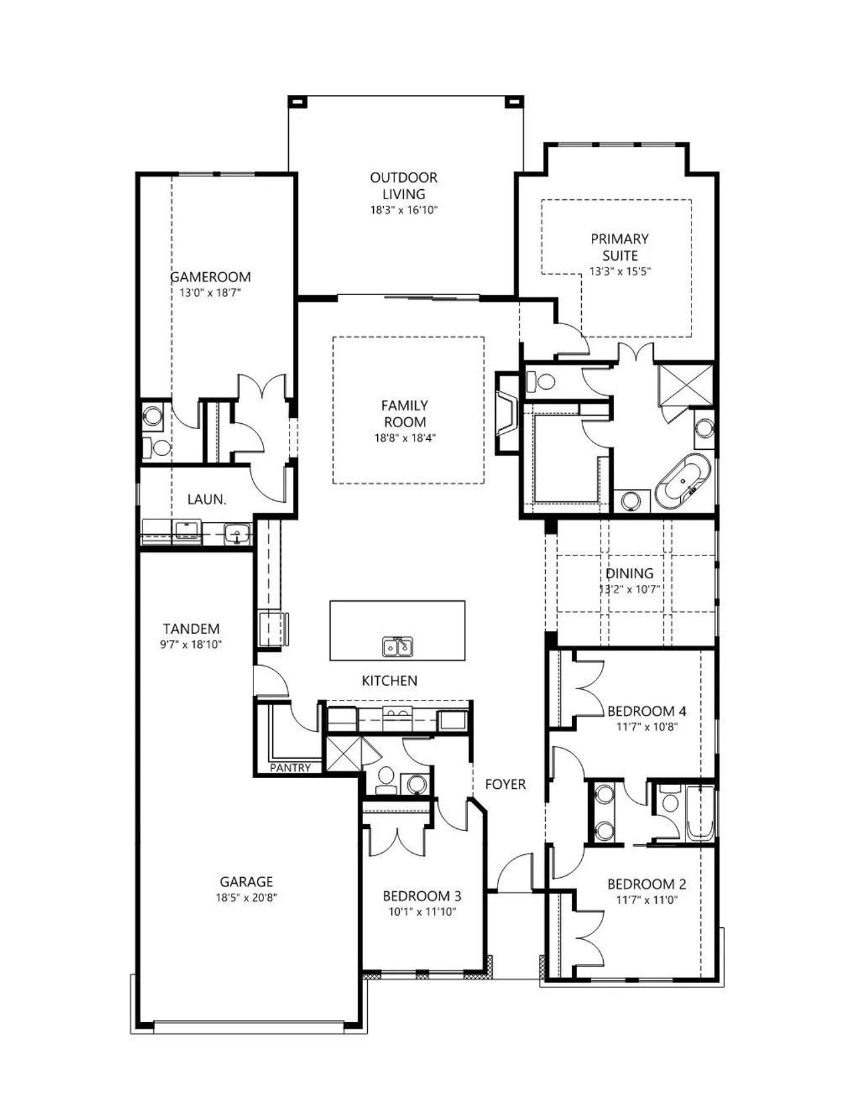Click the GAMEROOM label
click(210, 277)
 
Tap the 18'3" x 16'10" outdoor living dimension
click(404, 210)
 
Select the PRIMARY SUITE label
click(619, 247)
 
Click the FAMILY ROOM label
click(405, 414)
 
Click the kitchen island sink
click(398, 646)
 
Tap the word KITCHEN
click(389, 681)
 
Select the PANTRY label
click(290, 767)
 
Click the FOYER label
click(505, 785)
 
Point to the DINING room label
click(629, 574)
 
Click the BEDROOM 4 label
click(647, 711)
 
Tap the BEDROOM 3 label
click(422, 896)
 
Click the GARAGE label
click(246, 881)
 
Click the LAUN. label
click(207, 499)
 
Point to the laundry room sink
click(237, 535)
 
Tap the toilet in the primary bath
click(541, 381)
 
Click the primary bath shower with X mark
click(686, 384)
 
